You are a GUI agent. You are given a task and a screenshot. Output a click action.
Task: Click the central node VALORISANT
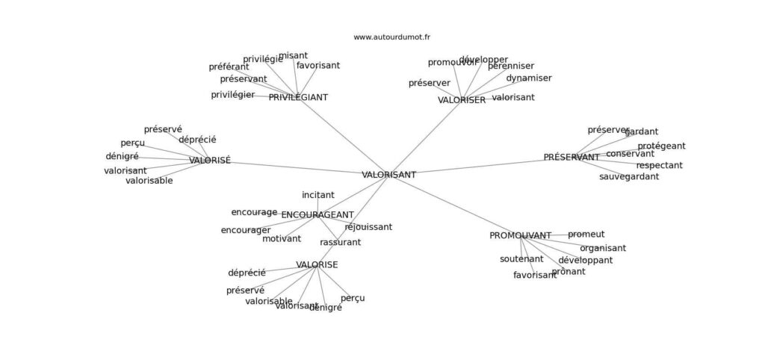pos(388,175)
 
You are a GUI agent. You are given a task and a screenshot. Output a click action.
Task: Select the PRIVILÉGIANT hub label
pos(298,97)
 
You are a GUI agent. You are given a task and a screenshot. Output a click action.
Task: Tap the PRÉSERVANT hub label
pos(572,158)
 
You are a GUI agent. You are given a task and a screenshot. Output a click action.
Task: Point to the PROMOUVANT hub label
pos(520,236)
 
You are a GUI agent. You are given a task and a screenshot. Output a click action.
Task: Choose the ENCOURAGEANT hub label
pos(318,215)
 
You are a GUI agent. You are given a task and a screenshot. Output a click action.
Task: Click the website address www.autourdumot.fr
pos(391,37)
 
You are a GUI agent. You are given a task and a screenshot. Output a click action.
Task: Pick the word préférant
pos(229,67)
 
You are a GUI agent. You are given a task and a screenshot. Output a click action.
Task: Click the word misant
pos(293,55)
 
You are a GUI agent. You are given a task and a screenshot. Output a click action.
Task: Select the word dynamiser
pos(529,78)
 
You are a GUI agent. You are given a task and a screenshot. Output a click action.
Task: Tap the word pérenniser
pos(511,66)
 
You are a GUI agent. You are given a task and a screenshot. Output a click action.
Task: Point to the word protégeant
pos(661,146)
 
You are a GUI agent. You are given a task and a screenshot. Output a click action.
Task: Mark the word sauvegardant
pos(629,177)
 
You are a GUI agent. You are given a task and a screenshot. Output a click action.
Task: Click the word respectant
pos(659,166)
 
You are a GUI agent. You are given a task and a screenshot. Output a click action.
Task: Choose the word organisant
pos(603,249)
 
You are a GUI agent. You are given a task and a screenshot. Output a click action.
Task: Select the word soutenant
pos(521,259)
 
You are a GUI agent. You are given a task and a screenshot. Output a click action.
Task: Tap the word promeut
pos(586,235)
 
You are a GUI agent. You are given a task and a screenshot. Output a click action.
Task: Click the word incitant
pos(318,195)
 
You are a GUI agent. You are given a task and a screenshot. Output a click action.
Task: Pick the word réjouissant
pos(368,227)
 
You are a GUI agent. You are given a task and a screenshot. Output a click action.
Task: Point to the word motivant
pos(282,239)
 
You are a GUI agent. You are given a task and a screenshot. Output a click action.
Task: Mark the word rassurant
pos(340,243)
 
